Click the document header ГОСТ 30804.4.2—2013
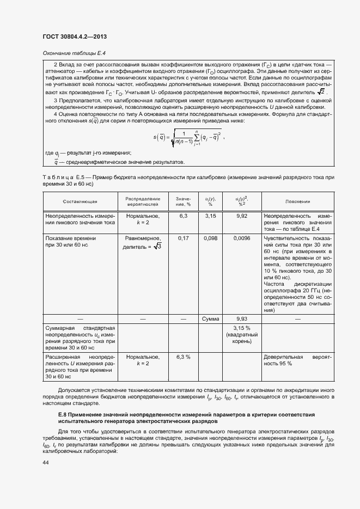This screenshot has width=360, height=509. click(x=74, y=36)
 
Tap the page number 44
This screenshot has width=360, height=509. click(x=46, y=462)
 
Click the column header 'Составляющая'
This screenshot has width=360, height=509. click(x=80, y=201)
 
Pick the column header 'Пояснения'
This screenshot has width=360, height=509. click(x=297, y=201)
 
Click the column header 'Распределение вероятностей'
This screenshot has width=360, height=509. click(x=143, y=201)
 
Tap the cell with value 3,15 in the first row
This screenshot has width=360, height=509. click(x=210, y=216)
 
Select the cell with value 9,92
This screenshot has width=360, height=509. click(x=242, y=216)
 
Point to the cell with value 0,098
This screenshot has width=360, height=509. click(x=210, y=238)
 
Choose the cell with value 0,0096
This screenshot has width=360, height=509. click(x=242, y=238)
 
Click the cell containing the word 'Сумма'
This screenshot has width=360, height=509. click(x=210, y=318)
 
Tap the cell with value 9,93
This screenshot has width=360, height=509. click(x=242, y=318)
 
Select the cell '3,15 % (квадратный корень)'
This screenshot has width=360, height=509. click(x=242, y=335)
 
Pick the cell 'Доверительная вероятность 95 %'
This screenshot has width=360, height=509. click(x=297, y=360)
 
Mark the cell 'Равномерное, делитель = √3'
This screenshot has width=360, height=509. click(x=143, y=243)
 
